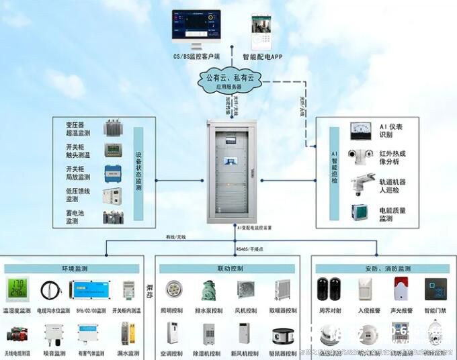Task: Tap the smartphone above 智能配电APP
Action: pos(260,32)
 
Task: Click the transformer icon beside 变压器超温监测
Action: pos(113,128)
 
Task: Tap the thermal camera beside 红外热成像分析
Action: pos(360,156)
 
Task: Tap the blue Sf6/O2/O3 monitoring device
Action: pos(90,289)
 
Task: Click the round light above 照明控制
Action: pos(173,289)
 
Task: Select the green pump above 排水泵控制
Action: pos(208,290)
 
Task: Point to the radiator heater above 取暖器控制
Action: pos(282,289)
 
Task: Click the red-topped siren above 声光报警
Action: pos(401,288)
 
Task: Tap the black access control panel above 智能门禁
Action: pos(435,289)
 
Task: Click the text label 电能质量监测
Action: pos(391,214)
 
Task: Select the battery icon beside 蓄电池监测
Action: pos(113,217)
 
